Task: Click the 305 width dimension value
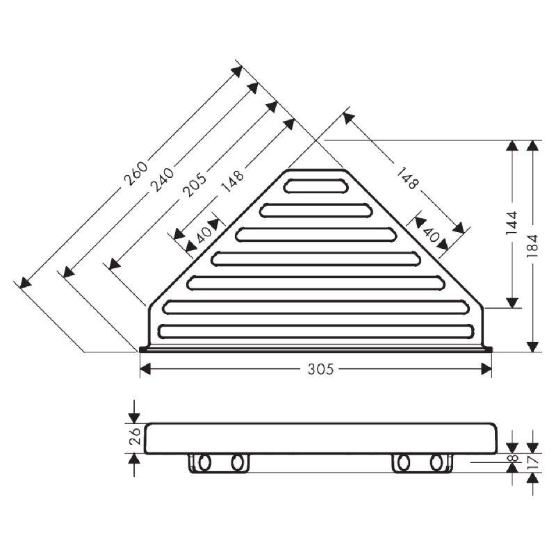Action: click(x=320, y=369)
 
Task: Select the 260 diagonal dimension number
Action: click(x=136, y=174)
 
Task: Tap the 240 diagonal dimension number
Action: click(x=163, y=179)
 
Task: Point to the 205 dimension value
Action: click(x=195, y=185)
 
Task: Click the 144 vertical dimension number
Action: click(x=512, y=223)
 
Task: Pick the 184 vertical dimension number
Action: click(x=532, y=246)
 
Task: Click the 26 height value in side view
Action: click(x=136, y=436)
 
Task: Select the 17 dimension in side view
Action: click(x=533, y=461)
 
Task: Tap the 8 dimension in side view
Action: click(x=513, y=458)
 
